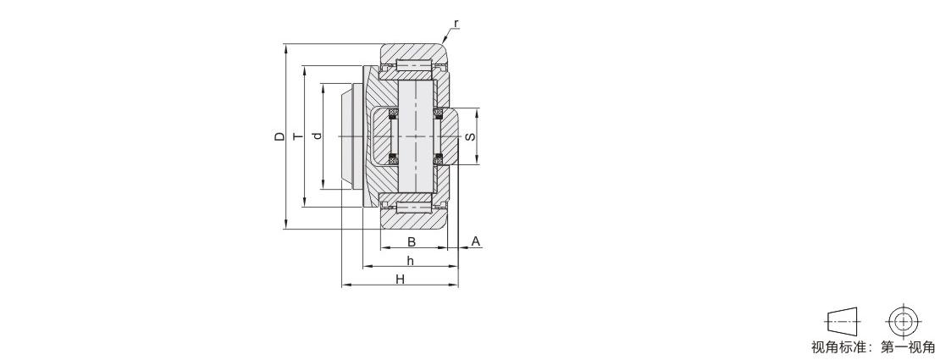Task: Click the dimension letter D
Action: tap(279, 137)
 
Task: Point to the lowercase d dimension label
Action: tap(317, 136)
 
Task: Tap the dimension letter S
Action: tap(471, 136)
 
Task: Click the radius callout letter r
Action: tap(456, 24)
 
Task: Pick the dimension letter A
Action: tap(475, 241)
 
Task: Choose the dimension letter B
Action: tap(412, 241)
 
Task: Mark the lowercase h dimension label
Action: tap(410, 260)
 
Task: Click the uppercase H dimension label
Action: tap(400, 279)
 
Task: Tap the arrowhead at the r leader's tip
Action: tap(444, 40)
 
